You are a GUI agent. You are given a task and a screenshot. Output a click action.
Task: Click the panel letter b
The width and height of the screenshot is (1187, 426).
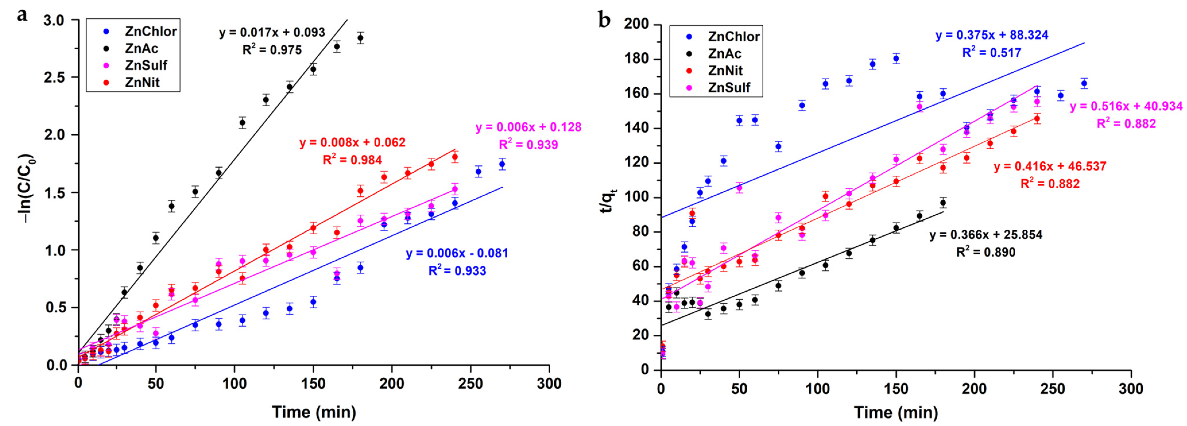(604, 20)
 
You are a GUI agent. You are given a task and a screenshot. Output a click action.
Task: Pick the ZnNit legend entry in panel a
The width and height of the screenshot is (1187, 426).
(142, 82)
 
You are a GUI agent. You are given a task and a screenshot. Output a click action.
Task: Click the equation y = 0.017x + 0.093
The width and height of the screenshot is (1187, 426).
(272, 32)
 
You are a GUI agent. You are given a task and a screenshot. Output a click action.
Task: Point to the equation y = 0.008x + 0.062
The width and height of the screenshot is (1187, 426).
(353, 142)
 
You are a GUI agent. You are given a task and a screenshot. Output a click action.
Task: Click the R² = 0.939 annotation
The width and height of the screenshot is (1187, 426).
(528, 145)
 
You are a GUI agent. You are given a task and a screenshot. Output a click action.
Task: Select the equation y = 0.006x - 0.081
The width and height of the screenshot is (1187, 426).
(457, 253)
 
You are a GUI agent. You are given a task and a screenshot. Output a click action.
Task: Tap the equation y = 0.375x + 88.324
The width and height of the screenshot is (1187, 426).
(992, 35)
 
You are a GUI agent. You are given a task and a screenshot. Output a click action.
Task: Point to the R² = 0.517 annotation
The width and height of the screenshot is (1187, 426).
(992, 53)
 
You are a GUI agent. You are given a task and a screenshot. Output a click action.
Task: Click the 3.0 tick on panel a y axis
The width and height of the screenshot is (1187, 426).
(54, 20)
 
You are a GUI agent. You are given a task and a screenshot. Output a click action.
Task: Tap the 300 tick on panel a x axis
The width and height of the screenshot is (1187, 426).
(549, 384)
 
